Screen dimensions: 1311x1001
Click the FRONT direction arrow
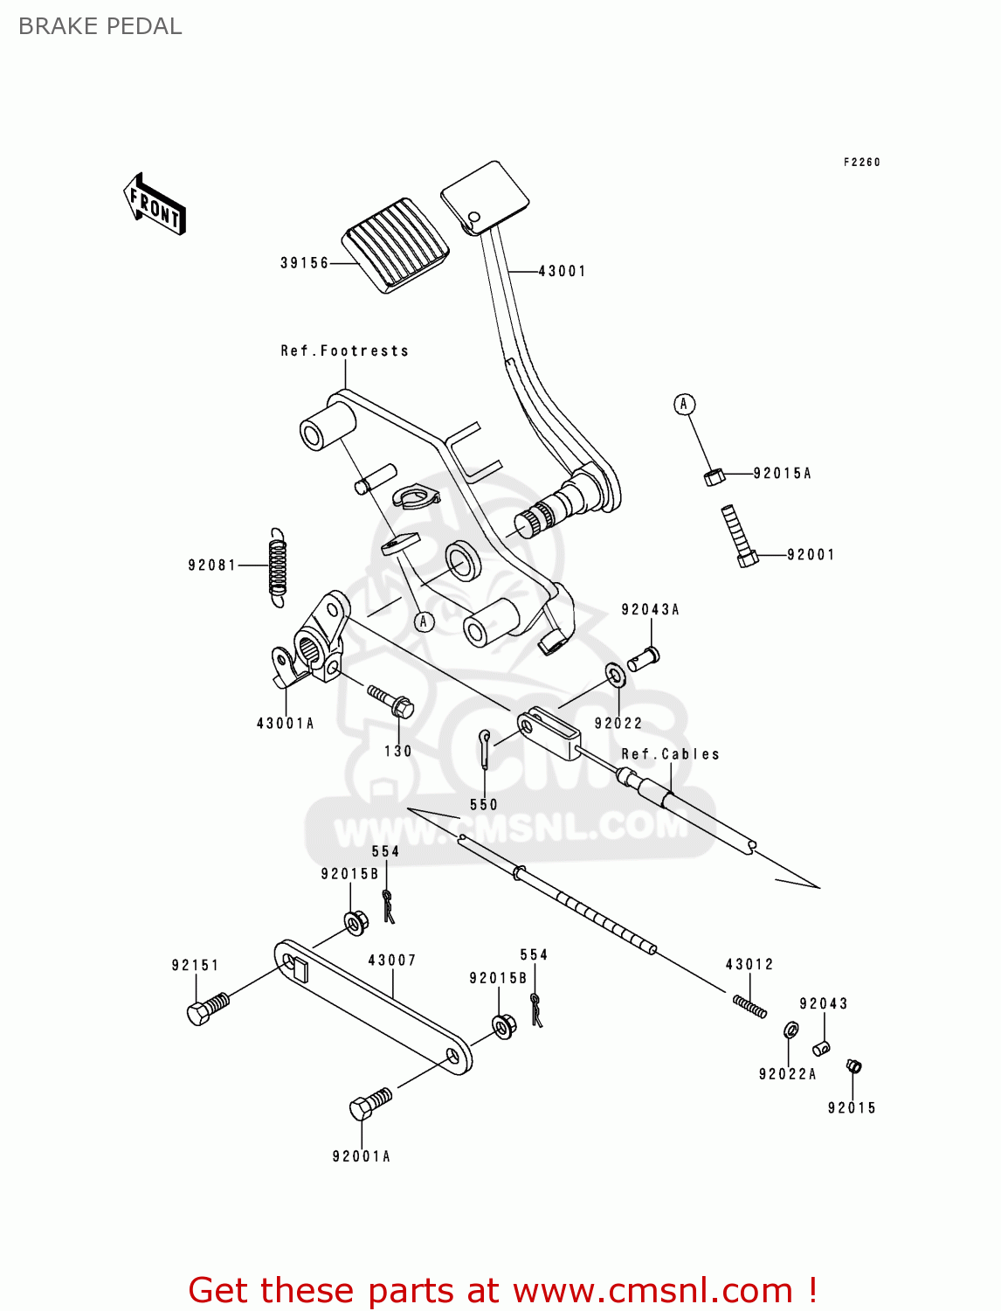[x=155, y=205]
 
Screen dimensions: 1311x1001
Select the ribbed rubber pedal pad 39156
[x=396, y=245]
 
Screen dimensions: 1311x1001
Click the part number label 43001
[x=562, y=272]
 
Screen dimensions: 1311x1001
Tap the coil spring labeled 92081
[x=277, y=567]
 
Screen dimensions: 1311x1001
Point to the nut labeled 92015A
[x=714, y=476]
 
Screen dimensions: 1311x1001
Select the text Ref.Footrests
[x=344, y=351]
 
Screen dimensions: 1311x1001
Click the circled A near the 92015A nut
[x=684, y=404]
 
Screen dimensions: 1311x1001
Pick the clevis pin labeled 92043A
[x=644, y=657]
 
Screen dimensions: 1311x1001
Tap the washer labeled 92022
[x=616, y=675]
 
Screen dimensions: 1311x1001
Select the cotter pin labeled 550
[x=485, y=749]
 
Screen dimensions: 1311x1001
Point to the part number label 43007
[x=392, y=961]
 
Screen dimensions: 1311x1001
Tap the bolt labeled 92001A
[x=370, y=1104]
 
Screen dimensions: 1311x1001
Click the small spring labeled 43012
[x=749, y=1006]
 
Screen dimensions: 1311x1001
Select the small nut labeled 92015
[x=853, y=1066]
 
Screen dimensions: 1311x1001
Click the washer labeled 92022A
[x=790, y=1030]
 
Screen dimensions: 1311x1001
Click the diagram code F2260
[x=861, y=163]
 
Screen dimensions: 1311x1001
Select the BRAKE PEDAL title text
[x=100, y=26]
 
